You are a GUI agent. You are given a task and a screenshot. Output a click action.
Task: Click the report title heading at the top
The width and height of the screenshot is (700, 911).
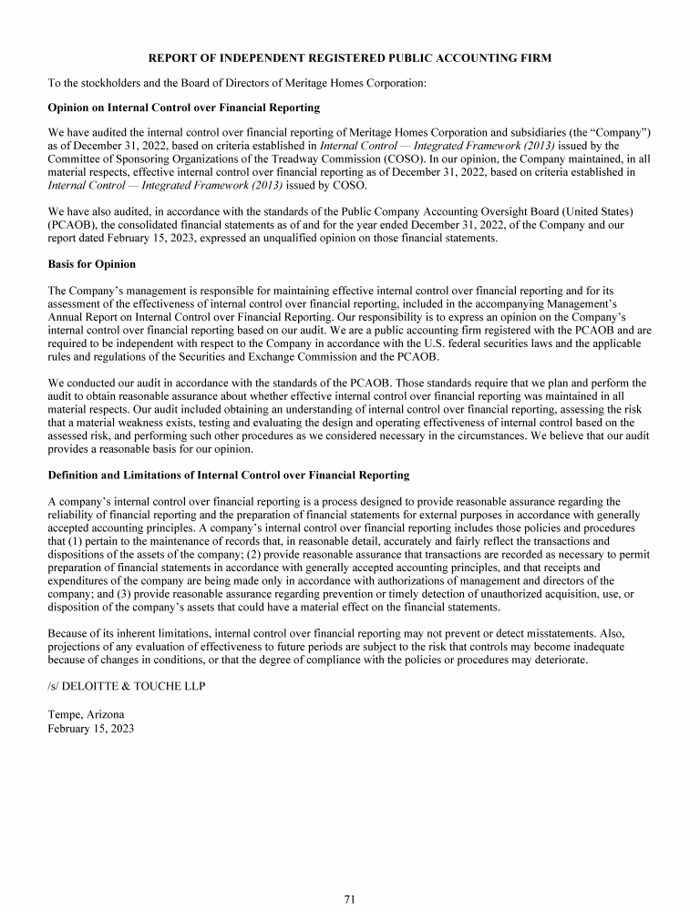coord(349,58)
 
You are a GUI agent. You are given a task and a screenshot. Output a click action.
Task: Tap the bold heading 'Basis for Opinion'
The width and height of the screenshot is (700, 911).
coord(91,264)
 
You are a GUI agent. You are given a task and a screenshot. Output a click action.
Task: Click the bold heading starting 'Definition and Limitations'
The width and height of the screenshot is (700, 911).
coord(228,475)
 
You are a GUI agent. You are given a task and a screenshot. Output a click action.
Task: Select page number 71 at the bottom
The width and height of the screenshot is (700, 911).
coord(349,899)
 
